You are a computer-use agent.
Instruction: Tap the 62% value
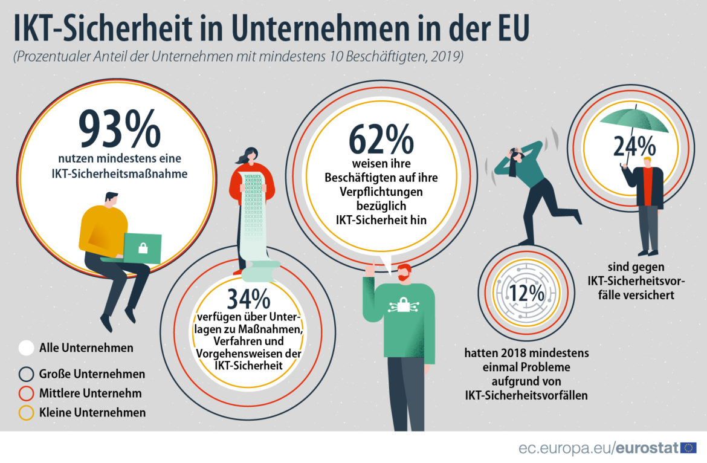point(381,139)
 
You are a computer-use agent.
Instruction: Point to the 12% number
point(526,293)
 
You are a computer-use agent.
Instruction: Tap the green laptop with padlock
point(143,248)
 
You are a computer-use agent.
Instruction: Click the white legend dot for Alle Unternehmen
point(26,348)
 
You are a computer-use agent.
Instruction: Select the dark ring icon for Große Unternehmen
point(26,374)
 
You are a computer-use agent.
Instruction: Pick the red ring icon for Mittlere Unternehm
point(26,393)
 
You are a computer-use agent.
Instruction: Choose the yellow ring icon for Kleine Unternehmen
point(26,413)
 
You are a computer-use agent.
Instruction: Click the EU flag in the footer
point(688,448)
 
